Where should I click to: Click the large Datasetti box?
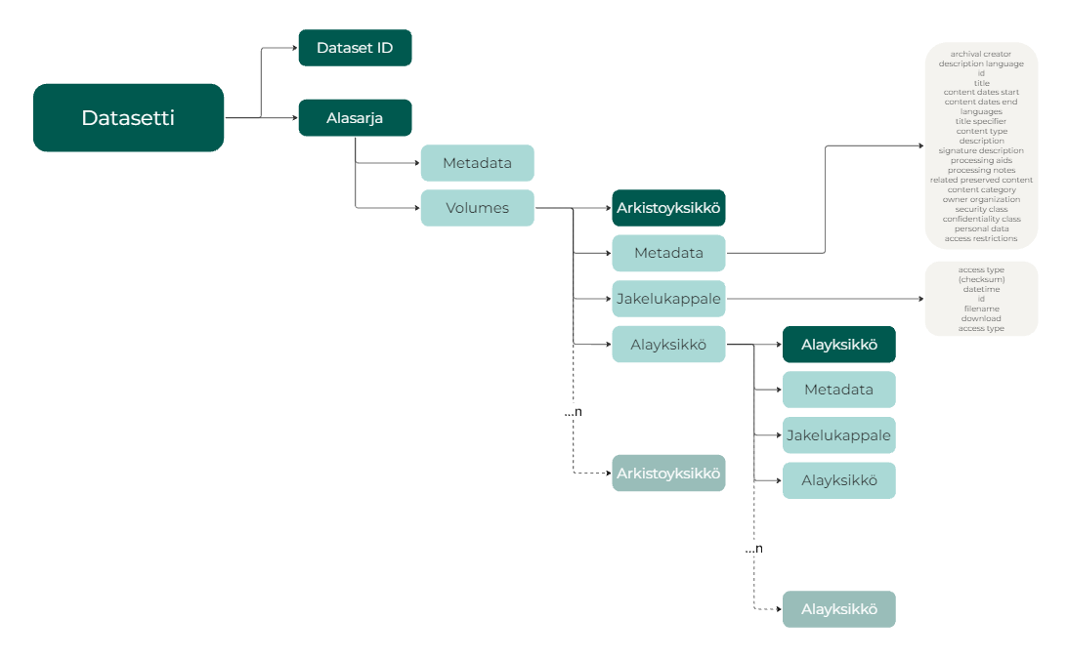pyautogui.click(x=128, y=118)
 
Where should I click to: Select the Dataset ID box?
pyautogui.click(x=355, y=48)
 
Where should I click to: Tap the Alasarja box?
pyautogui.click(x=355, y=118)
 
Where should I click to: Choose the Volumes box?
pyautogui.click(x=477, y=208)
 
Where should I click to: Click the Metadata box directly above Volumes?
pyautogui.click(x=477, y=163)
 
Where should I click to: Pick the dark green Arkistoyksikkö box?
pyautogui.click(x=668, y=208)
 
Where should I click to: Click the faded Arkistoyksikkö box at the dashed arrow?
pyautogui.click(x=668, y=474)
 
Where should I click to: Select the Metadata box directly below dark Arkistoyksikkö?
pyautogui.click(x=668, y=253)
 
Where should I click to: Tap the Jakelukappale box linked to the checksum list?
pyautogui.click(x=668, y=299)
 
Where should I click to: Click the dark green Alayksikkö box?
pyautogui.click(x=838, y=345)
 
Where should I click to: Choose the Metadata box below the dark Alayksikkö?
pyautogui.click(x=838, y=390)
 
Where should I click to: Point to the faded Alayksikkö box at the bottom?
pyautogui.click(x=838, y=609)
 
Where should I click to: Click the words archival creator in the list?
pyautogui.click(x=980, y=54)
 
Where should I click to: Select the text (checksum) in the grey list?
pyautogui.click(x=981, y=279)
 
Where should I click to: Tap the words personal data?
pyautogui.click(x=981, y=228)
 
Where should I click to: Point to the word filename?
pyautogui.click(x=981, y=309)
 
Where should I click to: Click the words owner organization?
pyautogui.click(x=981, y=199)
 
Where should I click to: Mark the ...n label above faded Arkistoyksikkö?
pyautogui.click(x=574, y=412)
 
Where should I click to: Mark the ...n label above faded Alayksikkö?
pyautogui.click(x=753, y=549)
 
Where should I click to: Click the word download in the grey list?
pyautogui.click(x=981, y=318)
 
